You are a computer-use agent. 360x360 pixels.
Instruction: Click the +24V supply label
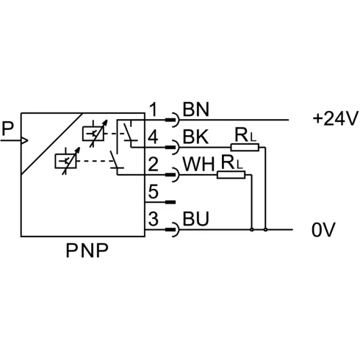[335, 119]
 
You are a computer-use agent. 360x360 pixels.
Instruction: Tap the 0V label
[323, 230]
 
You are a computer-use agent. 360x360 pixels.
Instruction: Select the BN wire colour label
[196, 109]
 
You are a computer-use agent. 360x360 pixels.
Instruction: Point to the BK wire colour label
[195, 137]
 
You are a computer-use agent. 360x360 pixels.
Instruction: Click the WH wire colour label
[198, 164]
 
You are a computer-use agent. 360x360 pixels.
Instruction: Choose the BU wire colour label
[195, 219]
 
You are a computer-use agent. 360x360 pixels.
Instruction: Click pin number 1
[154, 109]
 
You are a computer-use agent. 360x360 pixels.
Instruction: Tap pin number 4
[153, 137]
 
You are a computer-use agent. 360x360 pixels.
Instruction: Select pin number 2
[153, 164]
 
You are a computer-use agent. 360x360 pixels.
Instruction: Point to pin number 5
[154, 192]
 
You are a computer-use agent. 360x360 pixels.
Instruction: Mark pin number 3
[154, 219]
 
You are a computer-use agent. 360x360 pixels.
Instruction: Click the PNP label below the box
[87, 251]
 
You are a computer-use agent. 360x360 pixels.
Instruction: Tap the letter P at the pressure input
[7, 129]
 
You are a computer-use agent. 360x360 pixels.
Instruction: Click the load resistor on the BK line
[245, 148]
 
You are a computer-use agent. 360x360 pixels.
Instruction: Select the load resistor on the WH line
[231, 175]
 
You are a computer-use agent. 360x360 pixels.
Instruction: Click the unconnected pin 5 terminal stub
[170, 202]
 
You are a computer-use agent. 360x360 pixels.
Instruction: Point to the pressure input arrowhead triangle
[25, 140]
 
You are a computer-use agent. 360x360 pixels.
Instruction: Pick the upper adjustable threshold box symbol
[93, 134]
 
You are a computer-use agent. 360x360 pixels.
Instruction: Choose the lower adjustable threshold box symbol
[65, 161]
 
